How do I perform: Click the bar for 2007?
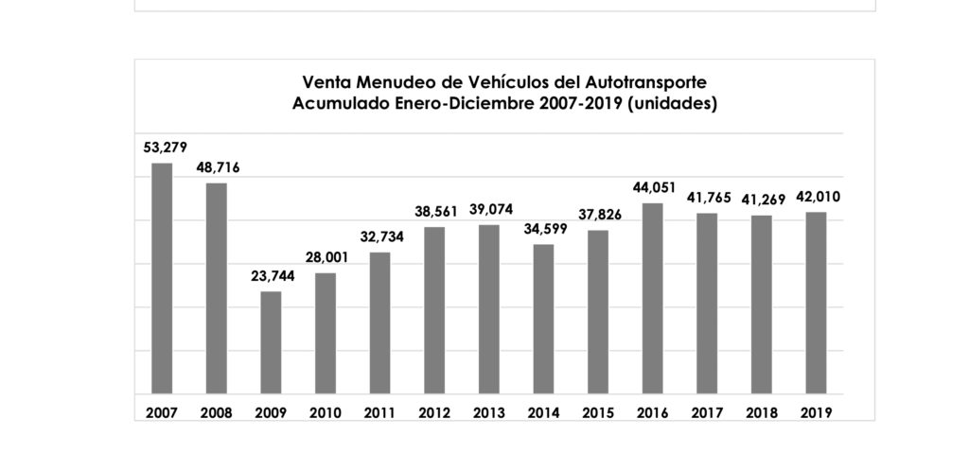pos(162,278)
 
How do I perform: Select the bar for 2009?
pos(271,341)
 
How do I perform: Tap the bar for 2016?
pos(652,298)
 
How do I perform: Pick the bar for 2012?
pos(434,309)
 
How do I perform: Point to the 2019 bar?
pos(816,303)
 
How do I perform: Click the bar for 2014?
pos(543,318)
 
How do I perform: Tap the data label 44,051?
pos(652,187)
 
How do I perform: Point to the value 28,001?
pos(326,257)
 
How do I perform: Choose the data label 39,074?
pos(489,209)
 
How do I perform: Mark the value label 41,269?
pos(762,200)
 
